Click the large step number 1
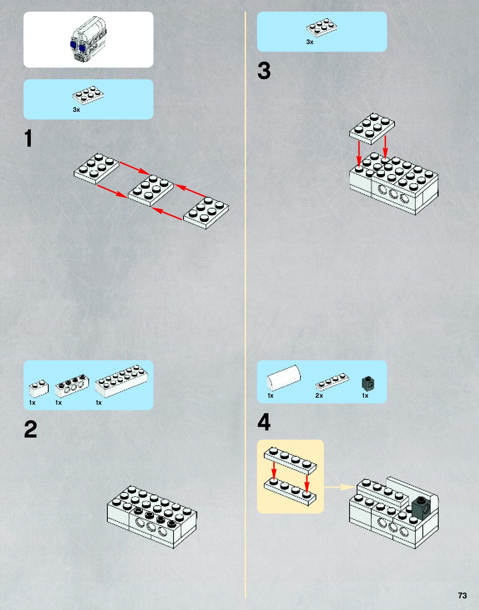28,138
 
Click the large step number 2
30,429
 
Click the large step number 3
264,71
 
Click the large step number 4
264,422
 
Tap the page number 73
462,595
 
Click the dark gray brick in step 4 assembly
421,507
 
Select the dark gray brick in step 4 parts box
368,383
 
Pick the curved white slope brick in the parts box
283,378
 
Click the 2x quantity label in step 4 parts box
319,396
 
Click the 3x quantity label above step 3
310,42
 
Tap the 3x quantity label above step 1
76,110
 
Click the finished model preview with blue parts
88,40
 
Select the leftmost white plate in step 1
96,168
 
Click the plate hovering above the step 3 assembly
372,128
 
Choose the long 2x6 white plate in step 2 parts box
121,381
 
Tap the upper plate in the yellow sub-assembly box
290,460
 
